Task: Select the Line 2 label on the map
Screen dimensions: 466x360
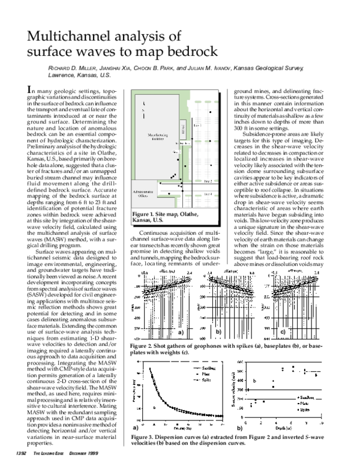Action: [x=208, y=180]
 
